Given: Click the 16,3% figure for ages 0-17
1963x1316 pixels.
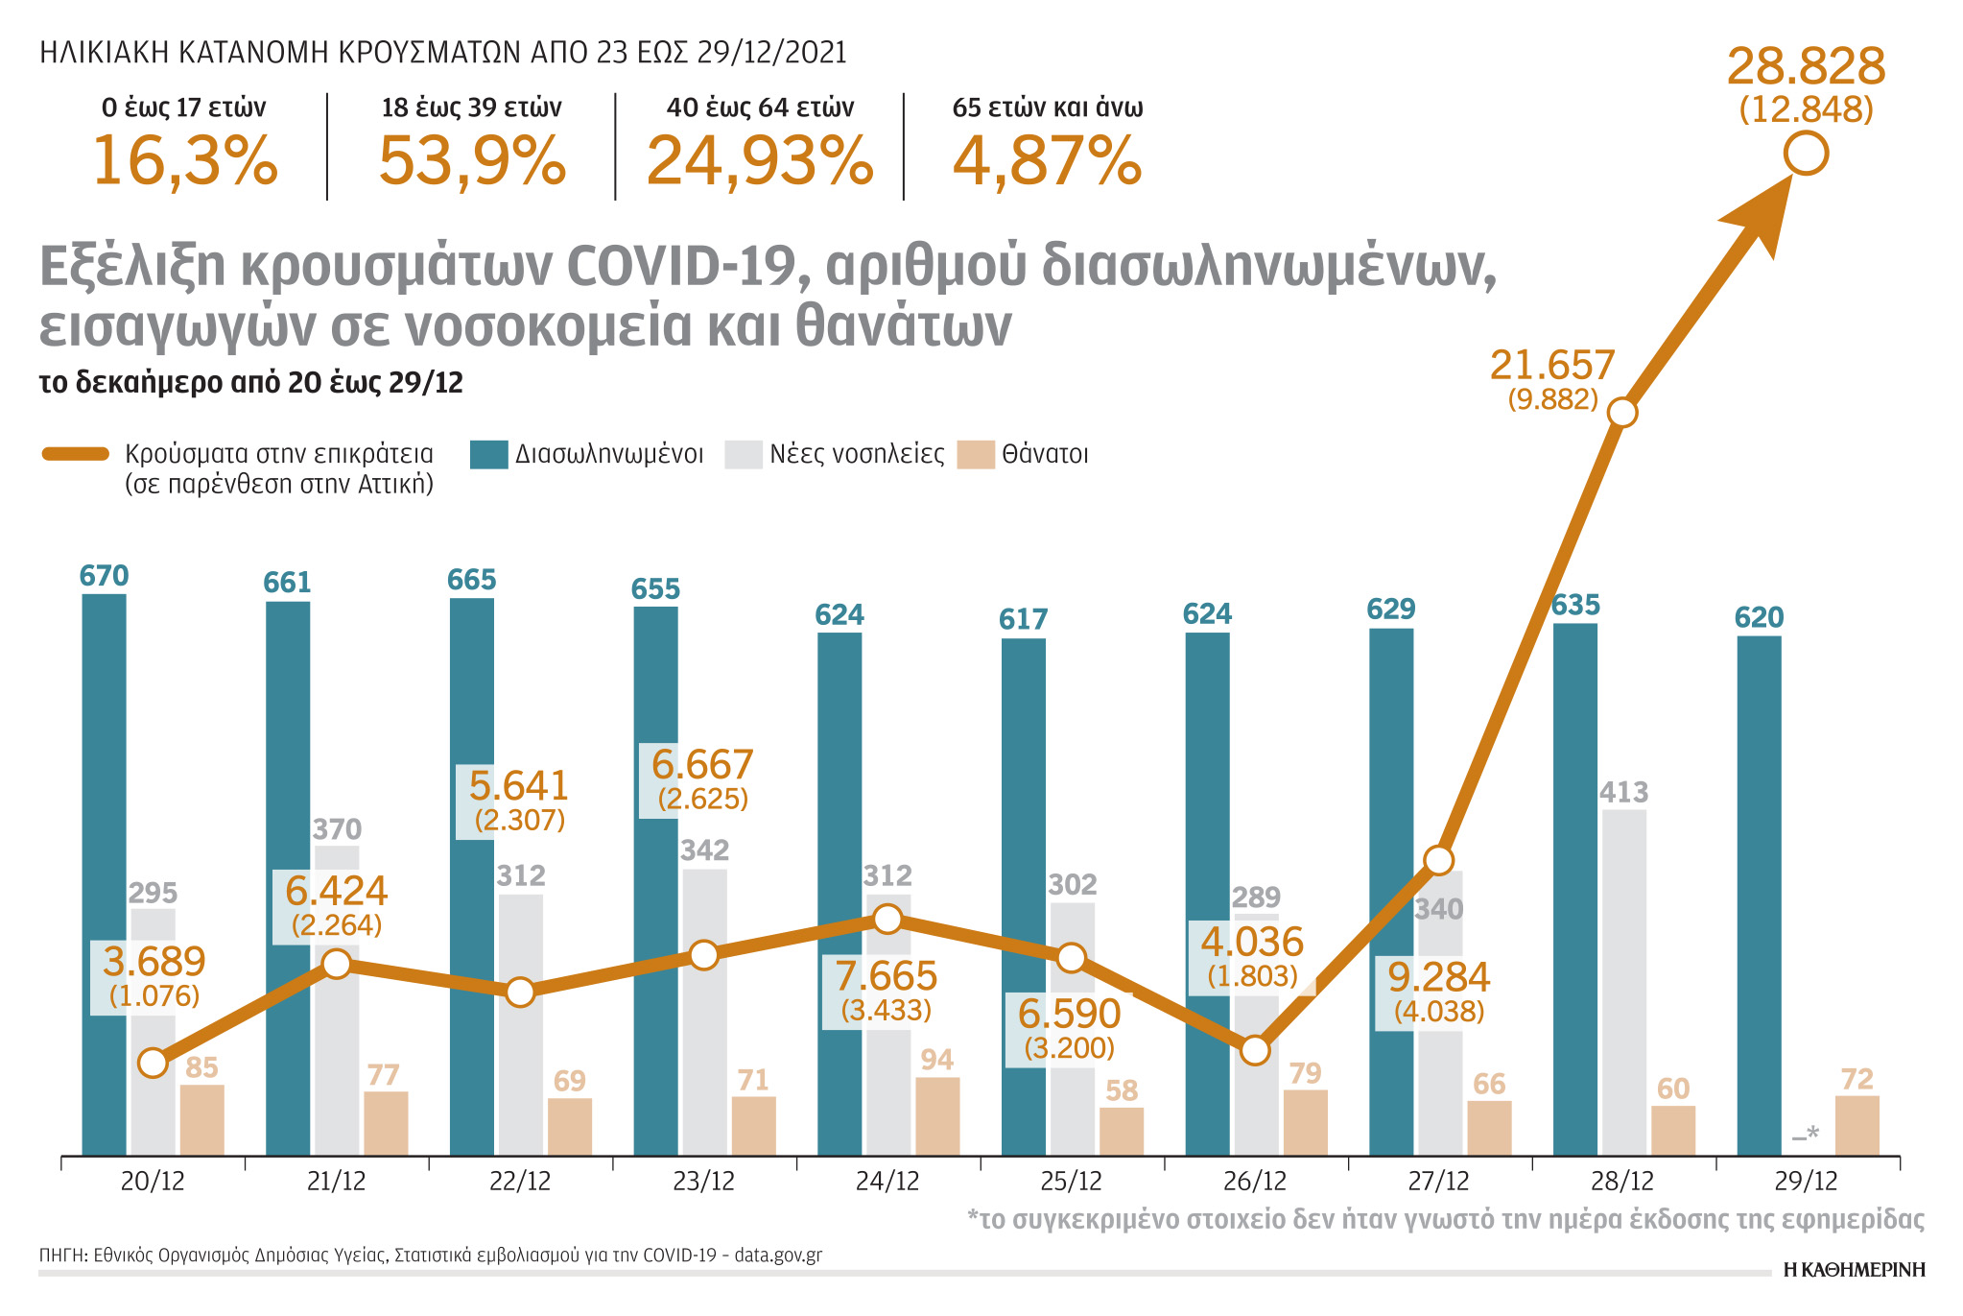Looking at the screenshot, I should [184, 161].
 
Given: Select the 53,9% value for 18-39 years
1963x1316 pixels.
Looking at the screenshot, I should [472, 161].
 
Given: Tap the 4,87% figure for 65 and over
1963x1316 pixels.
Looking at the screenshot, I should [1047, 161].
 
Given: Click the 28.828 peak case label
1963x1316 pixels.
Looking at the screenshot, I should [1806, 67].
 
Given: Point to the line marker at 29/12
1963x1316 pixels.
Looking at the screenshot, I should [1806, 155].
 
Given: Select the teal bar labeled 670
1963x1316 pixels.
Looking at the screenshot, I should [104, 873].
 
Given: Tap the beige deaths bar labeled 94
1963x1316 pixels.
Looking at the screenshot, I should [937, 1115].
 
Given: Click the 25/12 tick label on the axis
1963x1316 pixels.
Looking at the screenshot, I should [1071, 1182].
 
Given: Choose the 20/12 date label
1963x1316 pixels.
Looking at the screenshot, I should [152, 1182].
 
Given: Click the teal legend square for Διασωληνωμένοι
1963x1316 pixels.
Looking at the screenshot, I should [488, 454].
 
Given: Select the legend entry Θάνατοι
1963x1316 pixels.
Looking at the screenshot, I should [1045, 454].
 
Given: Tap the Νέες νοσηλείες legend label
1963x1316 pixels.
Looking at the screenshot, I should [856, 454].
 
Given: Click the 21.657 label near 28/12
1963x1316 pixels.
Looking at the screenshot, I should [1552, 366].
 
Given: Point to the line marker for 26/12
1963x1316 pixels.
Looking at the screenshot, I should [1255, 1050].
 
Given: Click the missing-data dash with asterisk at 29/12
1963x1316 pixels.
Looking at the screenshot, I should [1805, 1136].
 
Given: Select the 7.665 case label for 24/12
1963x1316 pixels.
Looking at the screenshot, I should [886, 976].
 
